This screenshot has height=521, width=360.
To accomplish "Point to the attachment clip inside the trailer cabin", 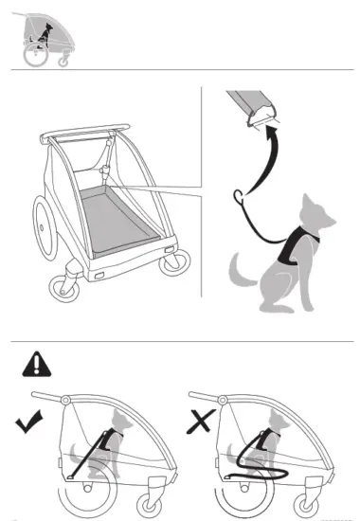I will click(x=106, y=172).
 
